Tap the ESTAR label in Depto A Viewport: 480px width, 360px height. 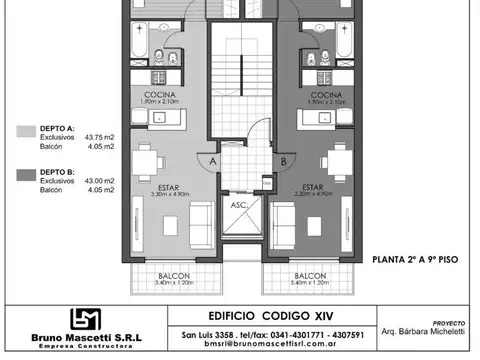pyautogui.click(x=168, y=186)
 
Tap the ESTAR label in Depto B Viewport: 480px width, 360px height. pyautogui.click(x=312, y=186)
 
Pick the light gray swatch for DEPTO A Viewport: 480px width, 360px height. pyautogui.click(x=25, y=130)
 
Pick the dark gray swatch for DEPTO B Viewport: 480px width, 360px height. pyautogui.click(x=25, y=173)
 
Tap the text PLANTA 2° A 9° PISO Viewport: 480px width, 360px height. pyautogui.click(x=414, y=258)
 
